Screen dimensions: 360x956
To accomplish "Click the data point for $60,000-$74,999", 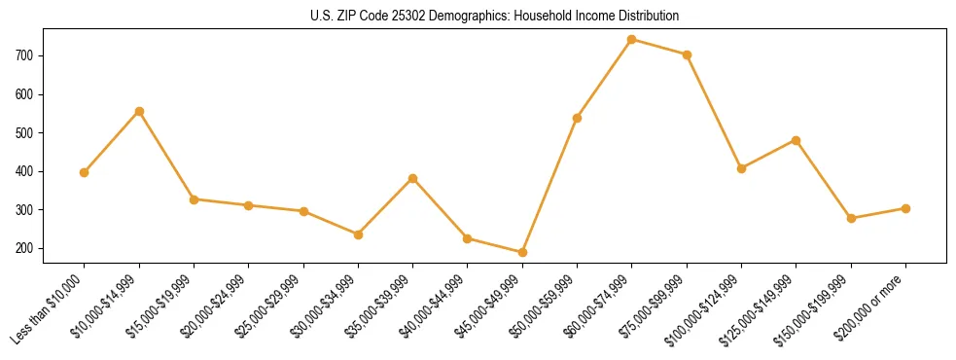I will pos(632,40).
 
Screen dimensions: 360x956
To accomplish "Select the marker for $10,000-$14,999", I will pos(139,111).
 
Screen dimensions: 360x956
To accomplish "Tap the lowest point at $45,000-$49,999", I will pos(522,252).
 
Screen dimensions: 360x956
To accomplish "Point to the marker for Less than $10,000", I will pos(85,172).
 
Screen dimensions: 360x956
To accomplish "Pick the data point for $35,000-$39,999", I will pos(413,178).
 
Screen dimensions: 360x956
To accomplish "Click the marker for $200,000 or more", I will pos(905,208).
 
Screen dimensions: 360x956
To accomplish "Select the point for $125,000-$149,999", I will pos(796,140).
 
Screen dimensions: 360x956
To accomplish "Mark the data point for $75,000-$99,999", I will pos(687,54).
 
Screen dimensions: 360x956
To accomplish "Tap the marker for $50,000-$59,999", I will pos(577,118).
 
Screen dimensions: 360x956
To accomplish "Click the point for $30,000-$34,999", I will pos(358,234).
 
